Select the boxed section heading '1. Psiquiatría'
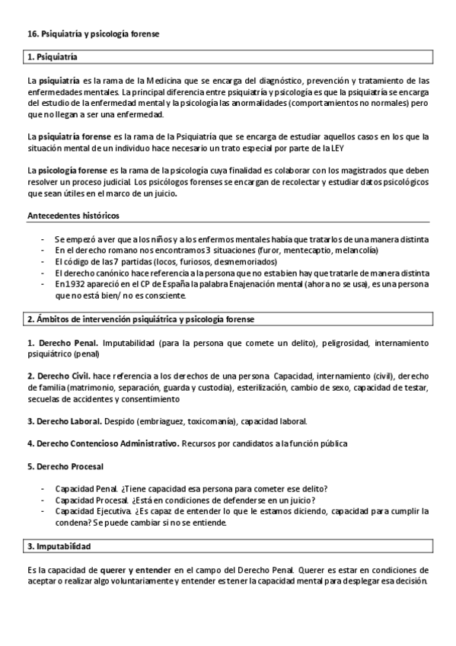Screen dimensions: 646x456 53,57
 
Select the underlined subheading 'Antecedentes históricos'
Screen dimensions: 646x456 72,216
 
